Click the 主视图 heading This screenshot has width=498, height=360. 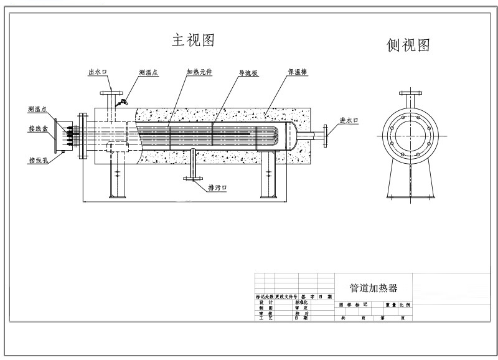click(193, 41)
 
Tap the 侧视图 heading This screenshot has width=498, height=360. click(408, 45)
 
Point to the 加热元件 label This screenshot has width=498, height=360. click(199, 72)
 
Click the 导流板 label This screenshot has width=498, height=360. click(248, 73)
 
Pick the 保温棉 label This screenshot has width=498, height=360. click(296, 72)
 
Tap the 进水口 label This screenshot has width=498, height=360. click(348, 120)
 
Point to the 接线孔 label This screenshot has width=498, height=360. click(38, 160)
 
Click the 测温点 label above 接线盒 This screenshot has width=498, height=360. click(38, 110)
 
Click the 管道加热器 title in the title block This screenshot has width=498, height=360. click(373, 288)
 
